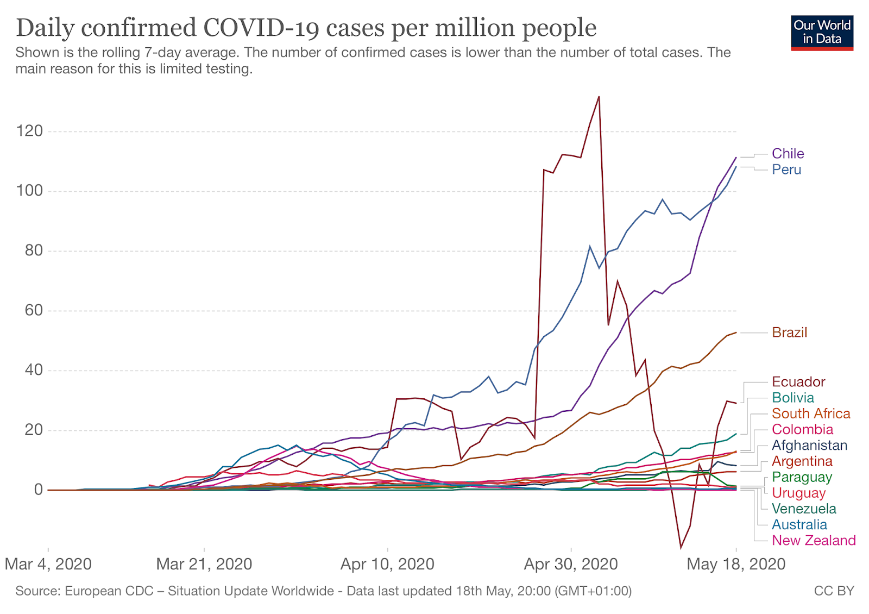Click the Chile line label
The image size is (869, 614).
tap(788, 154)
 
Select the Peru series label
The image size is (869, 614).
tap(786, 170)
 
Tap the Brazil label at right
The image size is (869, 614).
tap(789, 333)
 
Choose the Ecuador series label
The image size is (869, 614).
tap(798, 382)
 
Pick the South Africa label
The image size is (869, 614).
tap(810, 413)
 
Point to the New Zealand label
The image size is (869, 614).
tap(814, 541)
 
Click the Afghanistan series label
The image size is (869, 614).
tap(809, 446)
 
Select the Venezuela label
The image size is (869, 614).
tap(804, 509)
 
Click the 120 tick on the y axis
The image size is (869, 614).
tap(29, 131)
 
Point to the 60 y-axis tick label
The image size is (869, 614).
tap(33, 310)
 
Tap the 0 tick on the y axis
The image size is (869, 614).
tap(38, 490)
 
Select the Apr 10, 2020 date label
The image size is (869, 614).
tap(387, 564)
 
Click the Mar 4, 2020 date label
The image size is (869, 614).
tap(48, 564)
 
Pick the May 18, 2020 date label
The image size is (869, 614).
tap(736, 564)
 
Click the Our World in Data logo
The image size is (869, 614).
tap(822, 33)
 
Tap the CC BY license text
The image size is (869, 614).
tap(834, 591)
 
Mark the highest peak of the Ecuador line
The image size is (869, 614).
tap(599, 97)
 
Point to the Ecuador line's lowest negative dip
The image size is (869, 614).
tap(681, 548)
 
